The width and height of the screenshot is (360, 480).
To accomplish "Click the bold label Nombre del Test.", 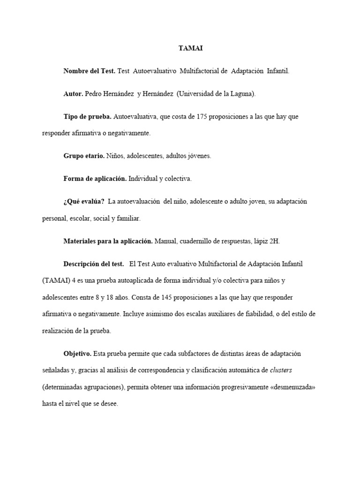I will click(x=89, y=71).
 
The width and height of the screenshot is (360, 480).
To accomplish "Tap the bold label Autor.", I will click(x=73, y=94).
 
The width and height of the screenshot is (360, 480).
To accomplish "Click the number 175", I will click(x=203, y=116).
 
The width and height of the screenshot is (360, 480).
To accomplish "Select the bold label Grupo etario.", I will click(x=84, y=156).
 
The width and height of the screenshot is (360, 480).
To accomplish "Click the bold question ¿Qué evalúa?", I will click(x=84, y=202).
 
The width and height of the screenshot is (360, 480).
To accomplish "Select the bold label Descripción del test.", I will click(x=94, y=264).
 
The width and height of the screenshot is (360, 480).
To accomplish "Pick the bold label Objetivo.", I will click(x=78, y=353).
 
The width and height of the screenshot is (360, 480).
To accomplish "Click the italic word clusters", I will click(x=281, y=370).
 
